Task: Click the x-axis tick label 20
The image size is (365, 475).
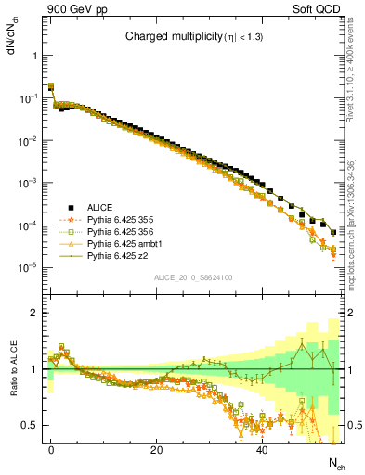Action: [157, 449]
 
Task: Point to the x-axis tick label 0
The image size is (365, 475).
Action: [51, 449]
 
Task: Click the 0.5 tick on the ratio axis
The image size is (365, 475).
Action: [33, 425]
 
